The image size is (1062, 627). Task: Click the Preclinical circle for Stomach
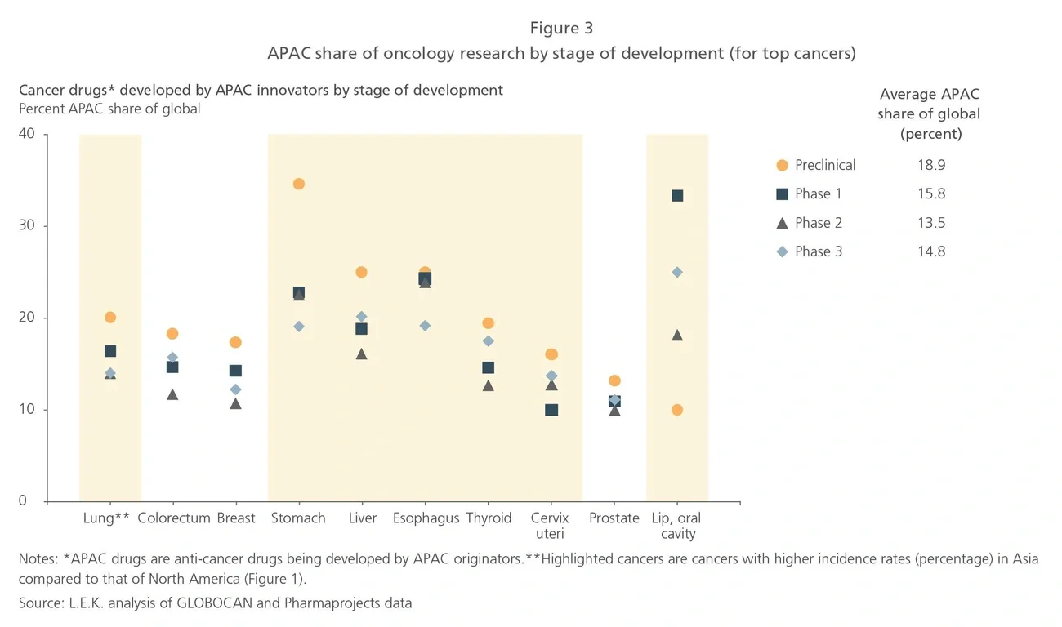coord(299,185)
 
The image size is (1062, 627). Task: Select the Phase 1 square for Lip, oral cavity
coord(677,196)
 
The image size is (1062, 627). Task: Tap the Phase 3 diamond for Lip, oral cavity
coord(677,273)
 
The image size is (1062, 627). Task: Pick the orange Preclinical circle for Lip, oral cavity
coord(677,410)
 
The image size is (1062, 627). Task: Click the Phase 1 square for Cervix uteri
coord(551,410)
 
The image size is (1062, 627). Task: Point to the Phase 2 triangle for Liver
coord(362,354)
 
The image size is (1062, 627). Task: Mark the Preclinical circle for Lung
coord(110,318)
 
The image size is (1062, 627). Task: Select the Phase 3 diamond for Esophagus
coord(425,326)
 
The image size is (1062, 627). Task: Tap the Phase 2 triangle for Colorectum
coord(172,394)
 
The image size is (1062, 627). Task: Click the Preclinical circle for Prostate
coord(614,380)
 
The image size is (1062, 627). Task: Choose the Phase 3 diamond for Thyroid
coord(489,341)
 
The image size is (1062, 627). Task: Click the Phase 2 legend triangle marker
coord(782,223)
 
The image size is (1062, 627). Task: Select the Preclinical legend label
coord(825,165)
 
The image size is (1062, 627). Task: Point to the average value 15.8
coord(930,194)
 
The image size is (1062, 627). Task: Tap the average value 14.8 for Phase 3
coord(930,251)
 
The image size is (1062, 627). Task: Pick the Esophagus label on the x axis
coord(426,518)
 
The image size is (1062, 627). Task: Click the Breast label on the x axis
coord(236,518)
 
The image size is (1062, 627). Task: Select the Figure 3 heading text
coord(561,29)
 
